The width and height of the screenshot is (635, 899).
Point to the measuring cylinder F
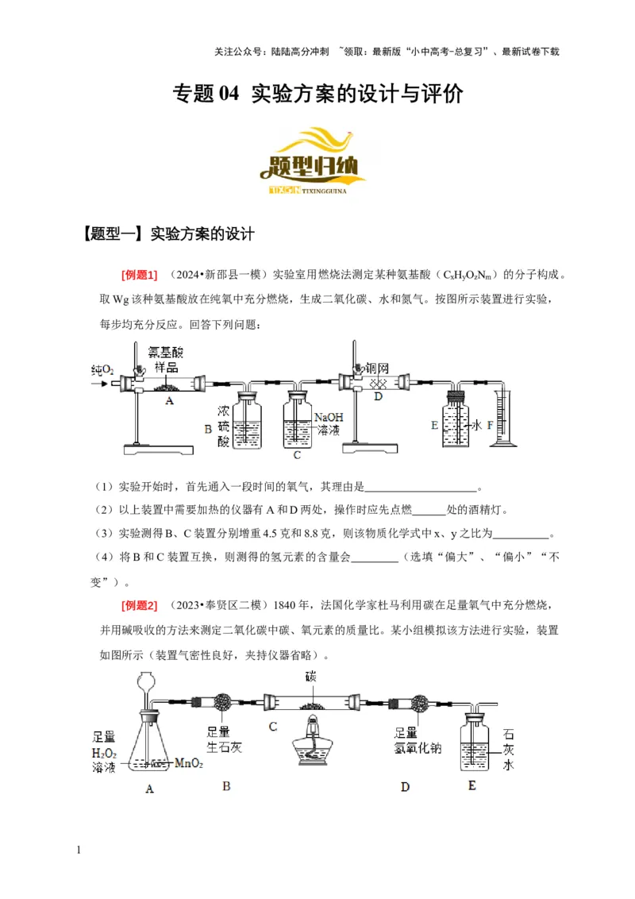point(505,417)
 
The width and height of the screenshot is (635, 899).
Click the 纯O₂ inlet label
point(103,370)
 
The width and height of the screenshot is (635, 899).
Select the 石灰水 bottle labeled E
point(475,747)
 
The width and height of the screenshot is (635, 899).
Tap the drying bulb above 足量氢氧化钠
point(416,703)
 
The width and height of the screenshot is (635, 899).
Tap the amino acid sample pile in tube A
point(168,388)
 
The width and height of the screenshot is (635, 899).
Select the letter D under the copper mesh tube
point(379,395)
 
